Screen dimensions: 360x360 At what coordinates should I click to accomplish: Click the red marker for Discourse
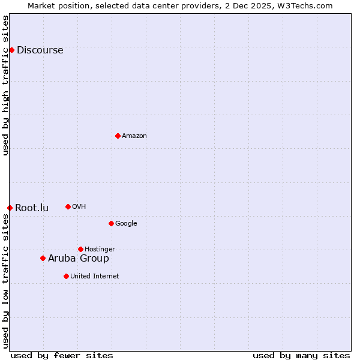click(11, 50)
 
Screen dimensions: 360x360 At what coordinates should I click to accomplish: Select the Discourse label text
click(40, 50)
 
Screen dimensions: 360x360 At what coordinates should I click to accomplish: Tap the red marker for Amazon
click(118, 136)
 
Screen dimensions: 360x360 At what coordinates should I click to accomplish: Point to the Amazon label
click(134, 136)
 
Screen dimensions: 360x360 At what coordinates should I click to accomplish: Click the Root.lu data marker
click(10, 208)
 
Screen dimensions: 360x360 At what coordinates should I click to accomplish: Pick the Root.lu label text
click(32, 208)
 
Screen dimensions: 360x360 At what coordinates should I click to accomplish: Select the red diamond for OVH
click(68, 206)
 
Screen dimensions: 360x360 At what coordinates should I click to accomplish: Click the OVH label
click(79, 207)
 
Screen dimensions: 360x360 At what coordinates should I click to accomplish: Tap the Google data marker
click(111, 223)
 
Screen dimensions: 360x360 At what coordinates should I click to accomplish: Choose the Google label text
click(126, 224)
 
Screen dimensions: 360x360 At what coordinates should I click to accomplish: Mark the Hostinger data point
click(80, 249)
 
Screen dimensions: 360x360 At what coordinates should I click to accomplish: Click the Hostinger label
click(100, 250)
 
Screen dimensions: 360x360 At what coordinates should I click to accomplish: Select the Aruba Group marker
click(43, 258)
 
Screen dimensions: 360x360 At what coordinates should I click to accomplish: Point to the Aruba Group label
click(79, 259)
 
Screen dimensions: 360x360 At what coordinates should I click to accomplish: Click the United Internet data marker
click(66, 276)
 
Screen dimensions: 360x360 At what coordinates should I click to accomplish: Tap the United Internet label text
click(94, 277)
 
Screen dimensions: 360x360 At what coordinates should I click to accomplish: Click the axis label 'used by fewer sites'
click(62, 355)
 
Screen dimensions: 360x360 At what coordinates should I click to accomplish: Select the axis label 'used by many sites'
click(301, 355)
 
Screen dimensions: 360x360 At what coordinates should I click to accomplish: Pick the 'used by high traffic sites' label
click(6, 85)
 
